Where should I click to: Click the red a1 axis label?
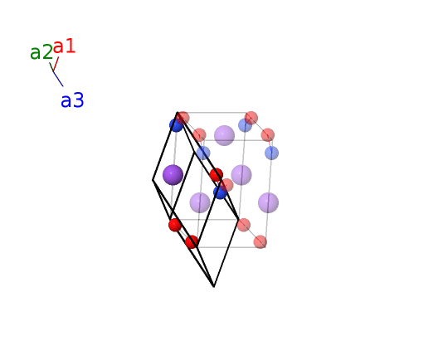[x=64, y=46]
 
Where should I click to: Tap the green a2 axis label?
[x=41, y=52]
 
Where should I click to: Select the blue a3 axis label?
[x=72, y=100]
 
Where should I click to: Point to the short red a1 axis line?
[x=56, y=64]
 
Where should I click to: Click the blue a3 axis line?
[x=58, y=79]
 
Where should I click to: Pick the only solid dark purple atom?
[x=173, y=175]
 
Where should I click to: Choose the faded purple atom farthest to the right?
[x=269, y=202]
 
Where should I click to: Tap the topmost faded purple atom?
[x=224, y=135]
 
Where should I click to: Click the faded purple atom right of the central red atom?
[x=241, y=175]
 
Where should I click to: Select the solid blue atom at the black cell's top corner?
[x=176, y=125]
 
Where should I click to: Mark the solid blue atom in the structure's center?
[x=220, y=192]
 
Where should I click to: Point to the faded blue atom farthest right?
[x=272, y=153]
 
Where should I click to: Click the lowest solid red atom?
[x=192, y=242]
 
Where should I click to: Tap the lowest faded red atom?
[x=260, y=242]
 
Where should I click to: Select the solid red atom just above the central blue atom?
[x=217, y=175]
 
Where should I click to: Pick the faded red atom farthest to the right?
[x=268, y=134]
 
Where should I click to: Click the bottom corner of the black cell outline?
[x=214, y=287]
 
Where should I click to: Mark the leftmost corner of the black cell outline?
[x=153, y=180]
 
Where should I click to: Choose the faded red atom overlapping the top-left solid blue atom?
[x=183, y=118]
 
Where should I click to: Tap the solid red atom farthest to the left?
[x=175, y=225]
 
